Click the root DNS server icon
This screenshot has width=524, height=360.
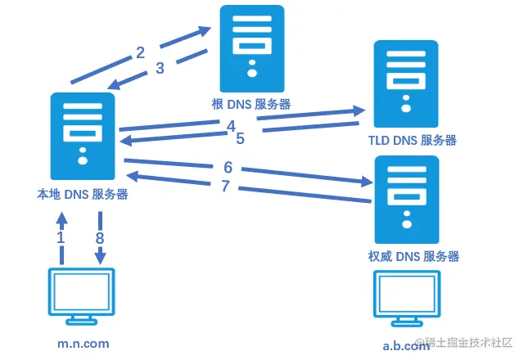pyautogui.click(x=252, y=48)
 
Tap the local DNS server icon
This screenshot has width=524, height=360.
pyautogui.click(x=82, y=136)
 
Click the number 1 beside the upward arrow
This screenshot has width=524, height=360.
pyautogui.click(x=60, y=237)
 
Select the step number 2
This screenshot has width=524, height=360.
pyautogui.click(x=140, y=53)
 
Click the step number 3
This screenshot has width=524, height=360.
pyautogui.click(x=160, y=69)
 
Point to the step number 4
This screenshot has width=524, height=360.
pyautogui.click(x=232, y=126)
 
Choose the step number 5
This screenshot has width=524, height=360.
pyautogui.click(x=240, y=139)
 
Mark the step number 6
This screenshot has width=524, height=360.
pyautogui.click(x=228, y=168)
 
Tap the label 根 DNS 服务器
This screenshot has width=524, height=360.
pyautogui.click(x=251, y=104)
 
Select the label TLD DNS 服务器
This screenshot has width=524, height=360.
pyautogui.click(x=413, y=140)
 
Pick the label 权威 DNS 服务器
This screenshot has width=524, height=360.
pyautogui.click(x=413, y=256)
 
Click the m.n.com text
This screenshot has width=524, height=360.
pyautogui.click(x=82, y=344)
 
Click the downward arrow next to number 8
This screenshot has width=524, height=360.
pyautogui.click(x=101, y=238)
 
